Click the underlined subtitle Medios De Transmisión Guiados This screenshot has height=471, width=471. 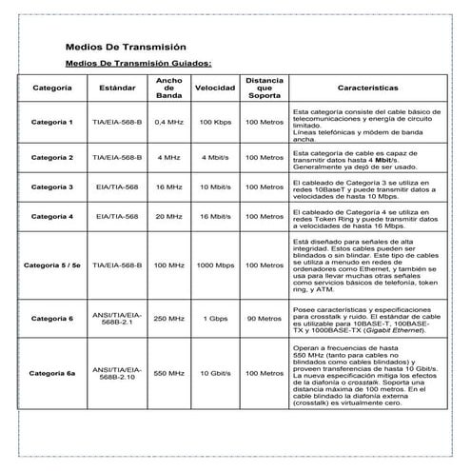click(x=138, y=64)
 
